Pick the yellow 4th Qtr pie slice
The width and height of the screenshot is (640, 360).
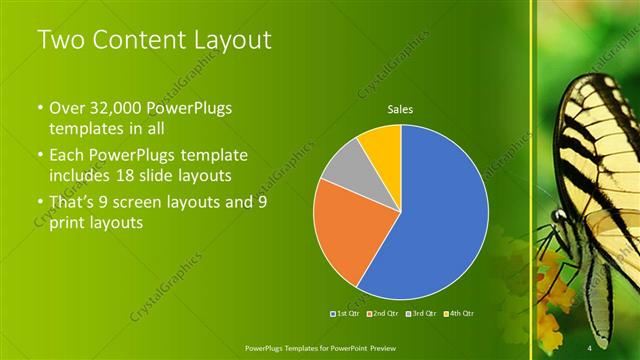382,144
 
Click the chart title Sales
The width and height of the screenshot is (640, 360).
400,110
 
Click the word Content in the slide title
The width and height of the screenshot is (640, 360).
139,41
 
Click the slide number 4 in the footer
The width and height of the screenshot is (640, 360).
590,345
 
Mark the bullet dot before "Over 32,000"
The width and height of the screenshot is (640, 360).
40,108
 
